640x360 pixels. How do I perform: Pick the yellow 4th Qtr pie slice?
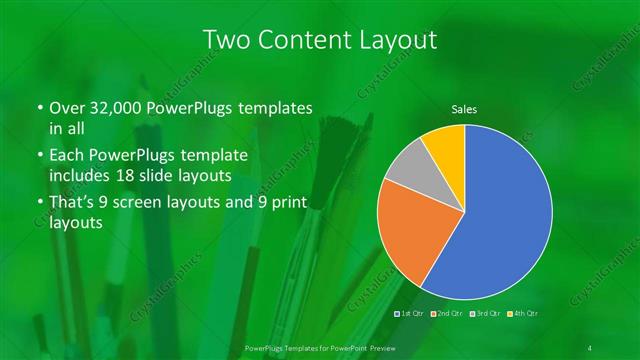tap(444, 146)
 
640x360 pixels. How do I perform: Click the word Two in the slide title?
tap(226, 40)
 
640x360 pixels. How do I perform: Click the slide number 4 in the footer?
tap(591, 347)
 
